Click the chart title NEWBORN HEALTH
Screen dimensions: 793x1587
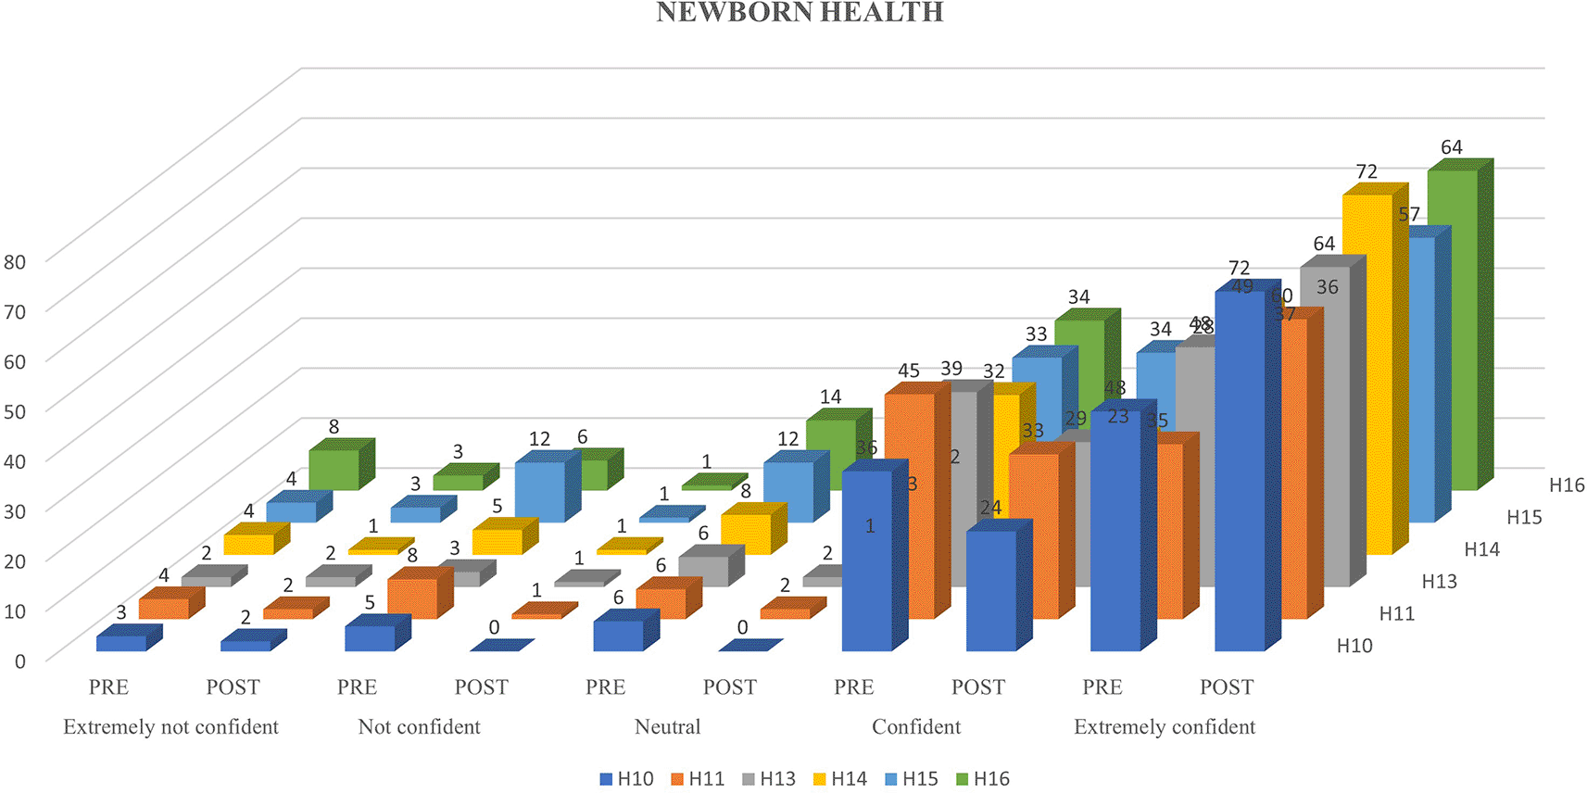[x=800, y=12]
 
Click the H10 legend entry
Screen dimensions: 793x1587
[x=626, y=779]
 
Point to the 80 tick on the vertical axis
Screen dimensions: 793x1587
[x=15, y=262]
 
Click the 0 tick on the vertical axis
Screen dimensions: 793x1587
[x=19, y=661]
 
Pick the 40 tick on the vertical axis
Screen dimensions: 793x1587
[x=15, y=460]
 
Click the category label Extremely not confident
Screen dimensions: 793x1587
[x=170, y=727]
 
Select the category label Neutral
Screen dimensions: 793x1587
[x=667, y=727]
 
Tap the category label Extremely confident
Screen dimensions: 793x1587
[x=1165, y=727]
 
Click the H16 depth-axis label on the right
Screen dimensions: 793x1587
[x=1567, y=485]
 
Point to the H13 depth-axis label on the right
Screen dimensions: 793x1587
[x=1439, y=582]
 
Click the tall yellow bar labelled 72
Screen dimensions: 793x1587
[x=1367, y=371]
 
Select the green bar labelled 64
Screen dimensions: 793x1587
[x=1452, y=324]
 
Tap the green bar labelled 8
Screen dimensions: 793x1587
[x=334, y=469]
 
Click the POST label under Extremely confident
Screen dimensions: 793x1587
[x=1227, y=687]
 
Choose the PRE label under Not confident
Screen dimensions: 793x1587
[x=357, y=687]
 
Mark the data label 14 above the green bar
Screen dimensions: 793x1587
[x=830, y=397]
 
